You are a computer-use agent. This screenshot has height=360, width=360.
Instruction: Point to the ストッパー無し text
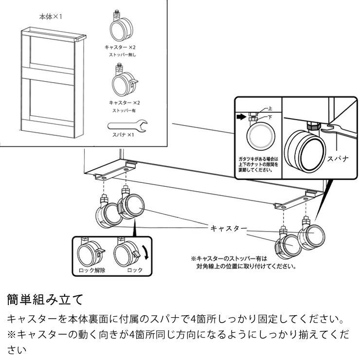click(x=122, y=55)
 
